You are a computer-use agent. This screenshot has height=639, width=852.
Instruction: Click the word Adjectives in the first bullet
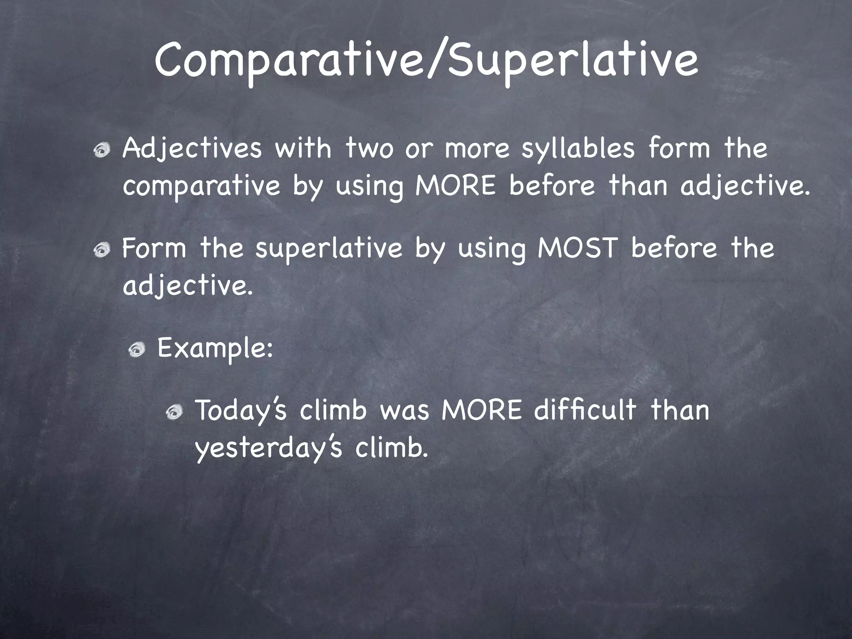192,149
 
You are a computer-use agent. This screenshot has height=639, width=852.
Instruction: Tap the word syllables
578,149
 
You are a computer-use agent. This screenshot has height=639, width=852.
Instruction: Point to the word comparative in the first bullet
201,186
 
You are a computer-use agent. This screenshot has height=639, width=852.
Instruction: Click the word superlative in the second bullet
329,248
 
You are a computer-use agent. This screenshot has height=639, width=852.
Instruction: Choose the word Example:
215,348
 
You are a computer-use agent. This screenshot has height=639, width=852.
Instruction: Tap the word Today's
241,411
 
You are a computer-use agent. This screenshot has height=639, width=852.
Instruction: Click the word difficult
585,410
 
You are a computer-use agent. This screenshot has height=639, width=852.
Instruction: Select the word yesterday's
269,448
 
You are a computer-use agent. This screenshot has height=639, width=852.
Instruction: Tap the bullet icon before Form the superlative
101,250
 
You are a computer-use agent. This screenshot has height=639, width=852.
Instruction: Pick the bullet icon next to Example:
136,350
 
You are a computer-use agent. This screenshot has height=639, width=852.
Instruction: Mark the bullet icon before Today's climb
173,412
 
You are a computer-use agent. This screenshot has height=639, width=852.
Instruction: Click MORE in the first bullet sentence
456,186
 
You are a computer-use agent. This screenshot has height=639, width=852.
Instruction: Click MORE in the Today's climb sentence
481,411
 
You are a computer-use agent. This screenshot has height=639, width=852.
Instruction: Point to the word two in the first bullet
369,149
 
